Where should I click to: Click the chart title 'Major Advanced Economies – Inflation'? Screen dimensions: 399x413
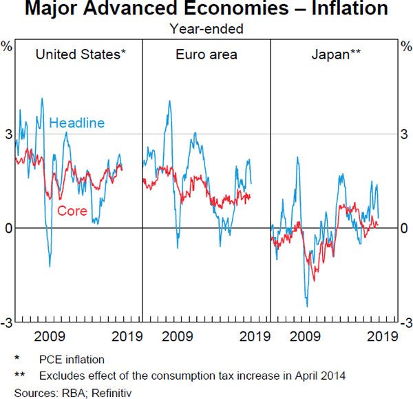[206, 10]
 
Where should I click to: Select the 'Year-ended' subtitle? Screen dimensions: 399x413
[206, 29]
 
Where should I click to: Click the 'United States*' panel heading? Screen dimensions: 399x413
[81, 54]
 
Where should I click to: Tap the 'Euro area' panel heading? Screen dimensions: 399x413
[206, 54]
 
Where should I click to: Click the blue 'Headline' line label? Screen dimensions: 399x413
[76, 123]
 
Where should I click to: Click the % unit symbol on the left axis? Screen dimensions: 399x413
[8, 46]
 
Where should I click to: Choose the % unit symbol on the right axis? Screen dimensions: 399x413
[405, 46]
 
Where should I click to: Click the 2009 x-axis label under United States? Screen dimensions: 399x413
[49, 337]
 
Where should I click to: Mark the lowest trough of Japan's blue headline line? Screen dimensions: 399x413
[307, 306]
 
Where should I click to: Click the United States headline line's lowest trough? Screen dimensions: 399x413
[50, 266]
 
